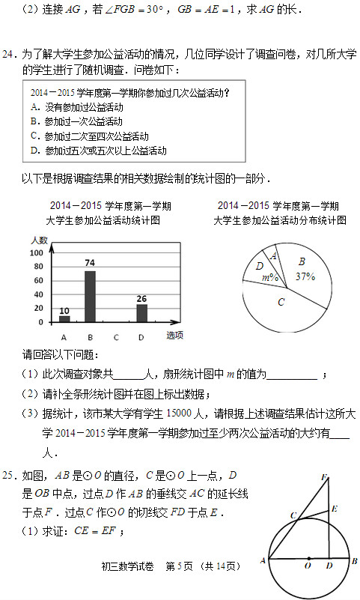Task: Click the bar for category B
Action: pyautogui.click(x=90, y=296)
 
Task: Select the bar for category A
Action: pyautogui.click(x=64, y=318)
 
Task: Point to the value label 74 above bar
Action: pyautogui.click(x=90, y=263)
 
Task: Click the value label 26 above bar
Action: pyautogui.click(x=141, y=298)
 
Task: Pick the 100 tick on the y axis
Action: pyautogui.click(x=36, y=253)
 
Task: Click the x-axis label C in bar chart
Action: pyautogui.click(x=115, y=336)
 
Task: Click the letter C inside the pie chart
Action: pyautogui.click(x=281, y=302)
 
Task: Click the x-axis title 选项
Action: pyautogui.click(x=174, y=335)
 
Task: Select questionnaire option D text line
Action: pyautogui.click(x=98, y=150)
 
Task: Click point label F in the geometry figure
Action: pyautogui.click(x=324, y=477)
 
